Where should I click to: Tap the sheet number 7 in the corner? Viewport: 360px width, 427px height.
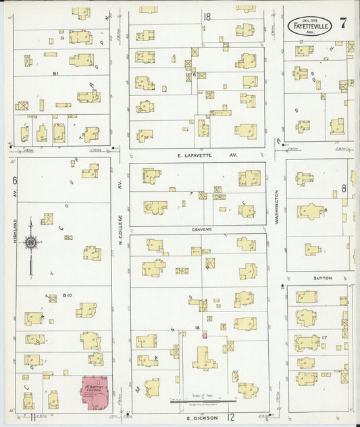(344, 23)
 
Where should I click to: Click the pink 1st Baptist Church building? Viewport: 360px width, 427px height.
(97, 393)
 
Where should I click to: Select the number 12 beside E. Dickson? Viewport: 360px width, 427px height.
(230, 418)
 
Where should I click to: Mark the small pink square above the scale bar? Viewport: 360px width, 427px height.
(204, 334)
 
